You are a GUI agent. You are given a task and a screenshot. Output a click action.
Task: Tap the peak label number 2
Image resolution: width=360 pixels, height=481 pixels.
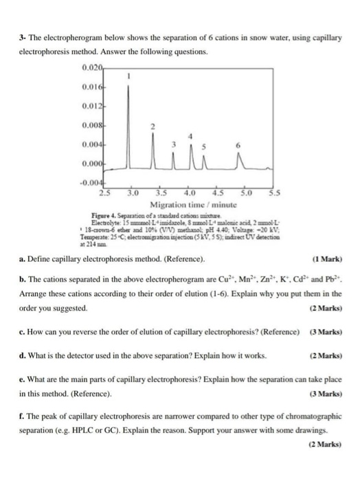tap(155, 126)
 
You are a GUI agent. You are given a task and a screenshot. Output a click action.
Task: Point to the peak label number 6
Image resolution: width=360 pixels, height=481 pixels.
tap(237, 146)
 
